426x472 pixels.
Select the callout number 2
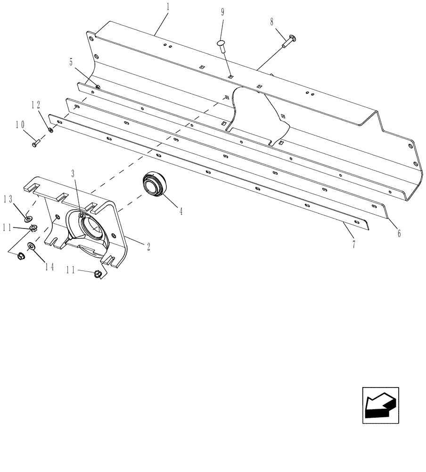pos(148,246)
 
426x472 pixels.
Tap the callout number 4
pos(181,212)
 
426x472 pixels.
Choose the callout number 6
pos(399,233)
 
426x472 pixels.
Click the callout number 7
pos(353,244)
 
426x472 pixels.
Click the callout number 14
pos(49,267)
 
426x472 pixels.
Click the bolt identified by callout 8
pos(288,42)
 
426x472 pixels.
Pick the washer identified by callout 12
pos(51,129)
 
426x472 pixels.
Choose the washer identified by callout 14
pos(31,246)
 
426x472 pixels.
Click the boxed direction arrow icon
pos(380,405)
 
